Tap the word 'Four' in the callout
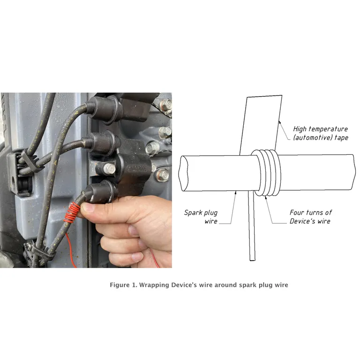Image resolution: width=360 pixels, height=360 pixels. [298, 213]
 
